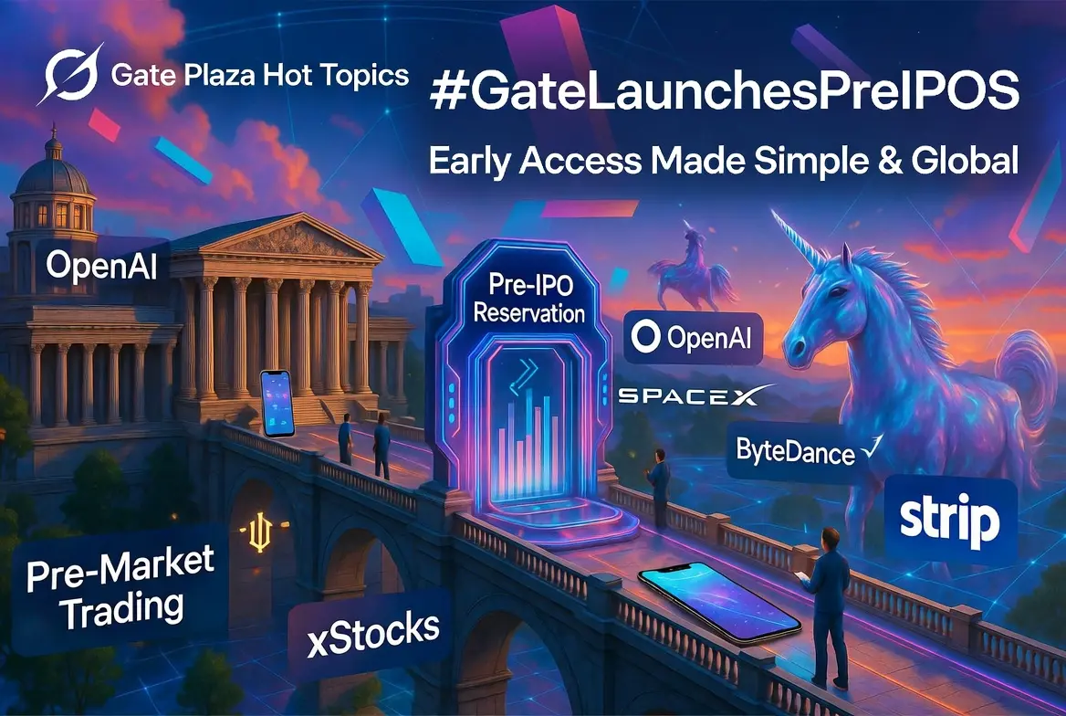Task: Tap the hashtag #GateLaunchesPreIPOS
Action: (725, 92)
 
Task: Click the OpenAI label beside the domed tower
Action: (102, 264)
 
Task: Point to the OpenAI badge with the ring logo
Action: (693, 338)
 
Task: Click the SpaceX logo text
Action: (695, 395)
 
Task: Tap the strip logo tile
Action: (950, 521)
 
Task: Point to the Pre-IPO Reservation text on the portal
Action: (529, 298)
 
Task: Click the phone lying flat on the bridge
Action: (719, 603)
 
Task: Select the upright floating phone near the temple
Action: (277, 404)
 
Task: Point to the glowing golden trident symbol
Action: (260, 531)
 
